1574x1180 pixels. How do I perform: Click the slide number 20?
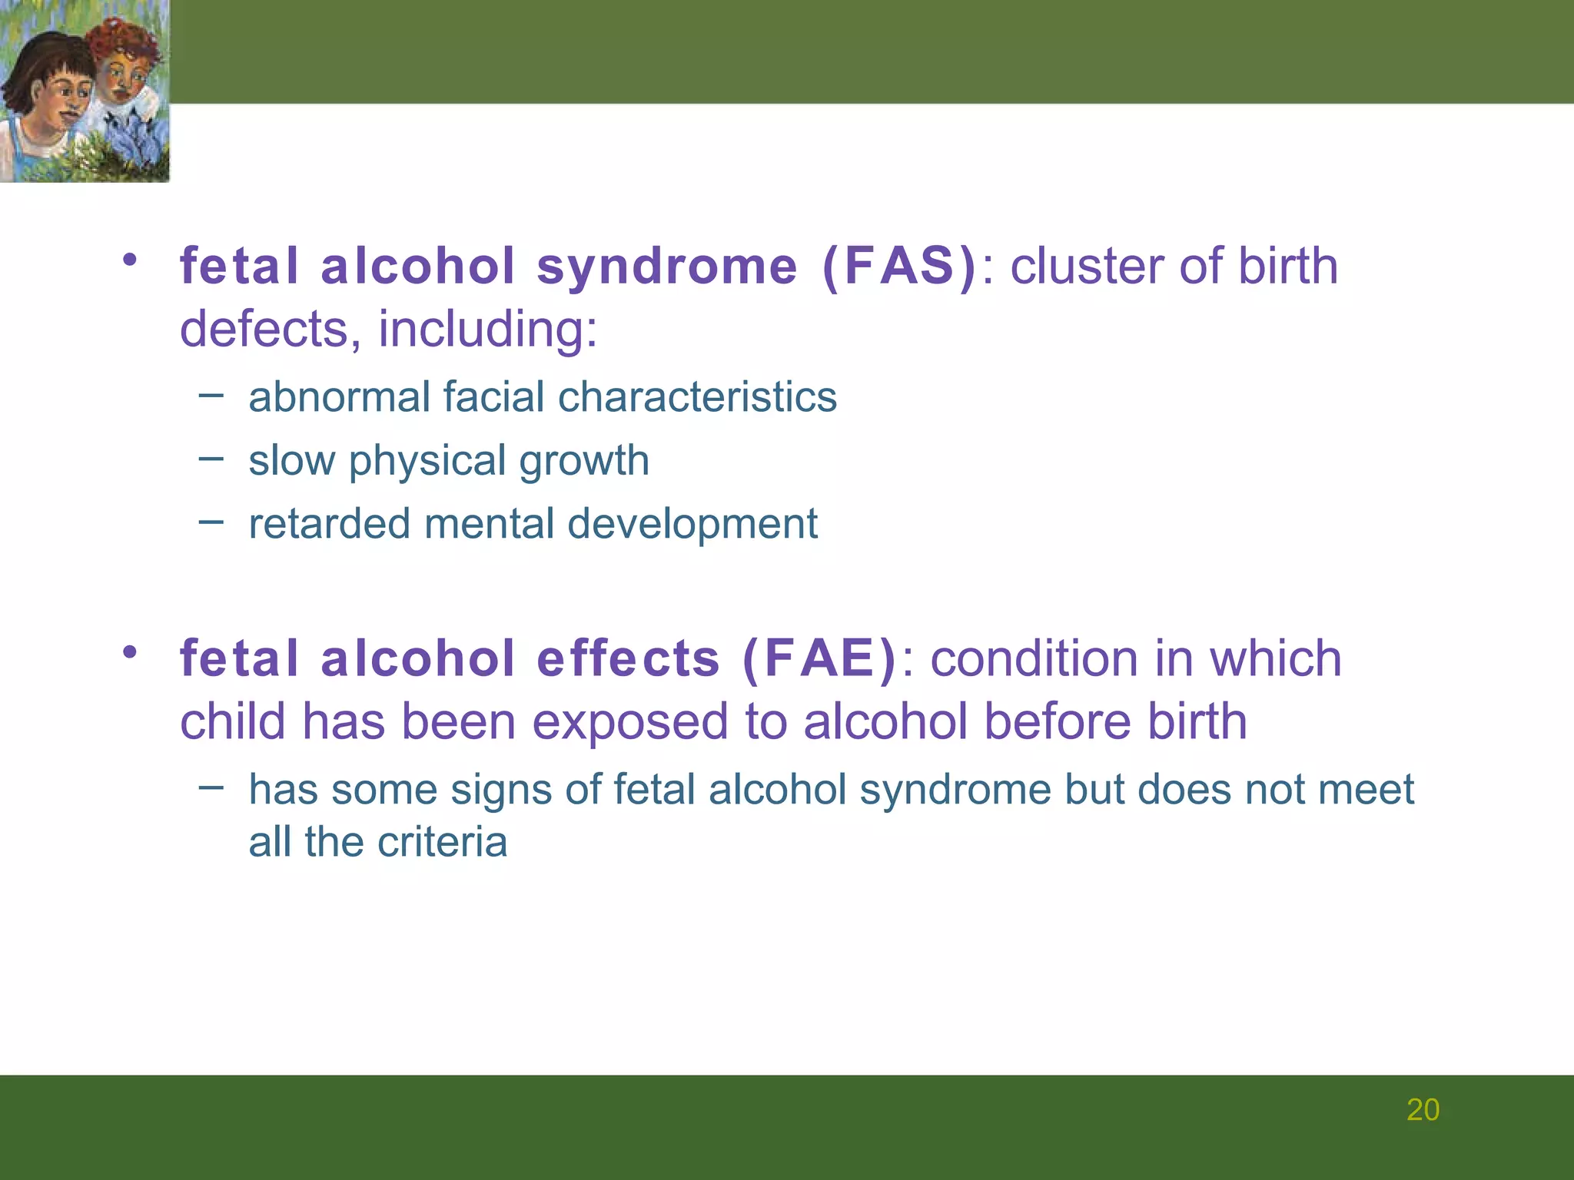click(x=1423, y=1110)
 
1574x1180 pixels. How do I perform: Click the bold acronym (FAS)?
click(x=899, y=267)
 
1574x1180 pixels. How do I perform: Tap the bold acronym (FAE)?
click(x=819, y=659)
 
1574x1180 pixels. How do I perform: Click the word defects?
click(x=264, y=329)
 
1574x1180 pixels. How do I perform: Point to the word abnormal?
click(x=339, y=397)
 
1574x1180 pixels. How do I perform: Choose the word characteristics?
click(x=697, y=397)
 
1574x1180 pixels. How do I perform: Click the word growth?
click(x=584, y=461)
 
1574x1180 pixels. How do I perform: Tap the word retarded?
click(x=330, y=524)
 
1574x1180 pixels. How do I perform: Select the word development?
click(x=692, y=524)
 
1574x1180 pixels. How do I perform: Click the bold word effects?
click(x=628, y=659)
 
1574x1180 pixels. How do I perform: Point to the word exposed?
click(x=630, y=722)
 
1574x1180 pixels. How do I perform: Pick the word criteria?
click(x=443, y=842)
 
